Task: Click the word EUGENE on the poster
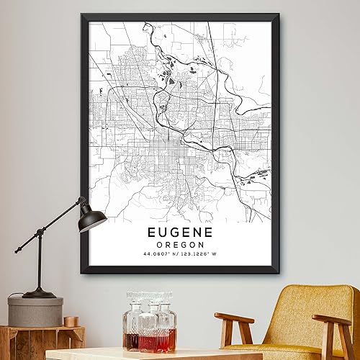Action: click(x=181, y=233)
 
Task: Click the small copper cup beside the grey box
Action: click(x=70, y=321)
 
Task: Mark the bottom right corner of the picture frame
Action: click(x=281, y=273)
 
